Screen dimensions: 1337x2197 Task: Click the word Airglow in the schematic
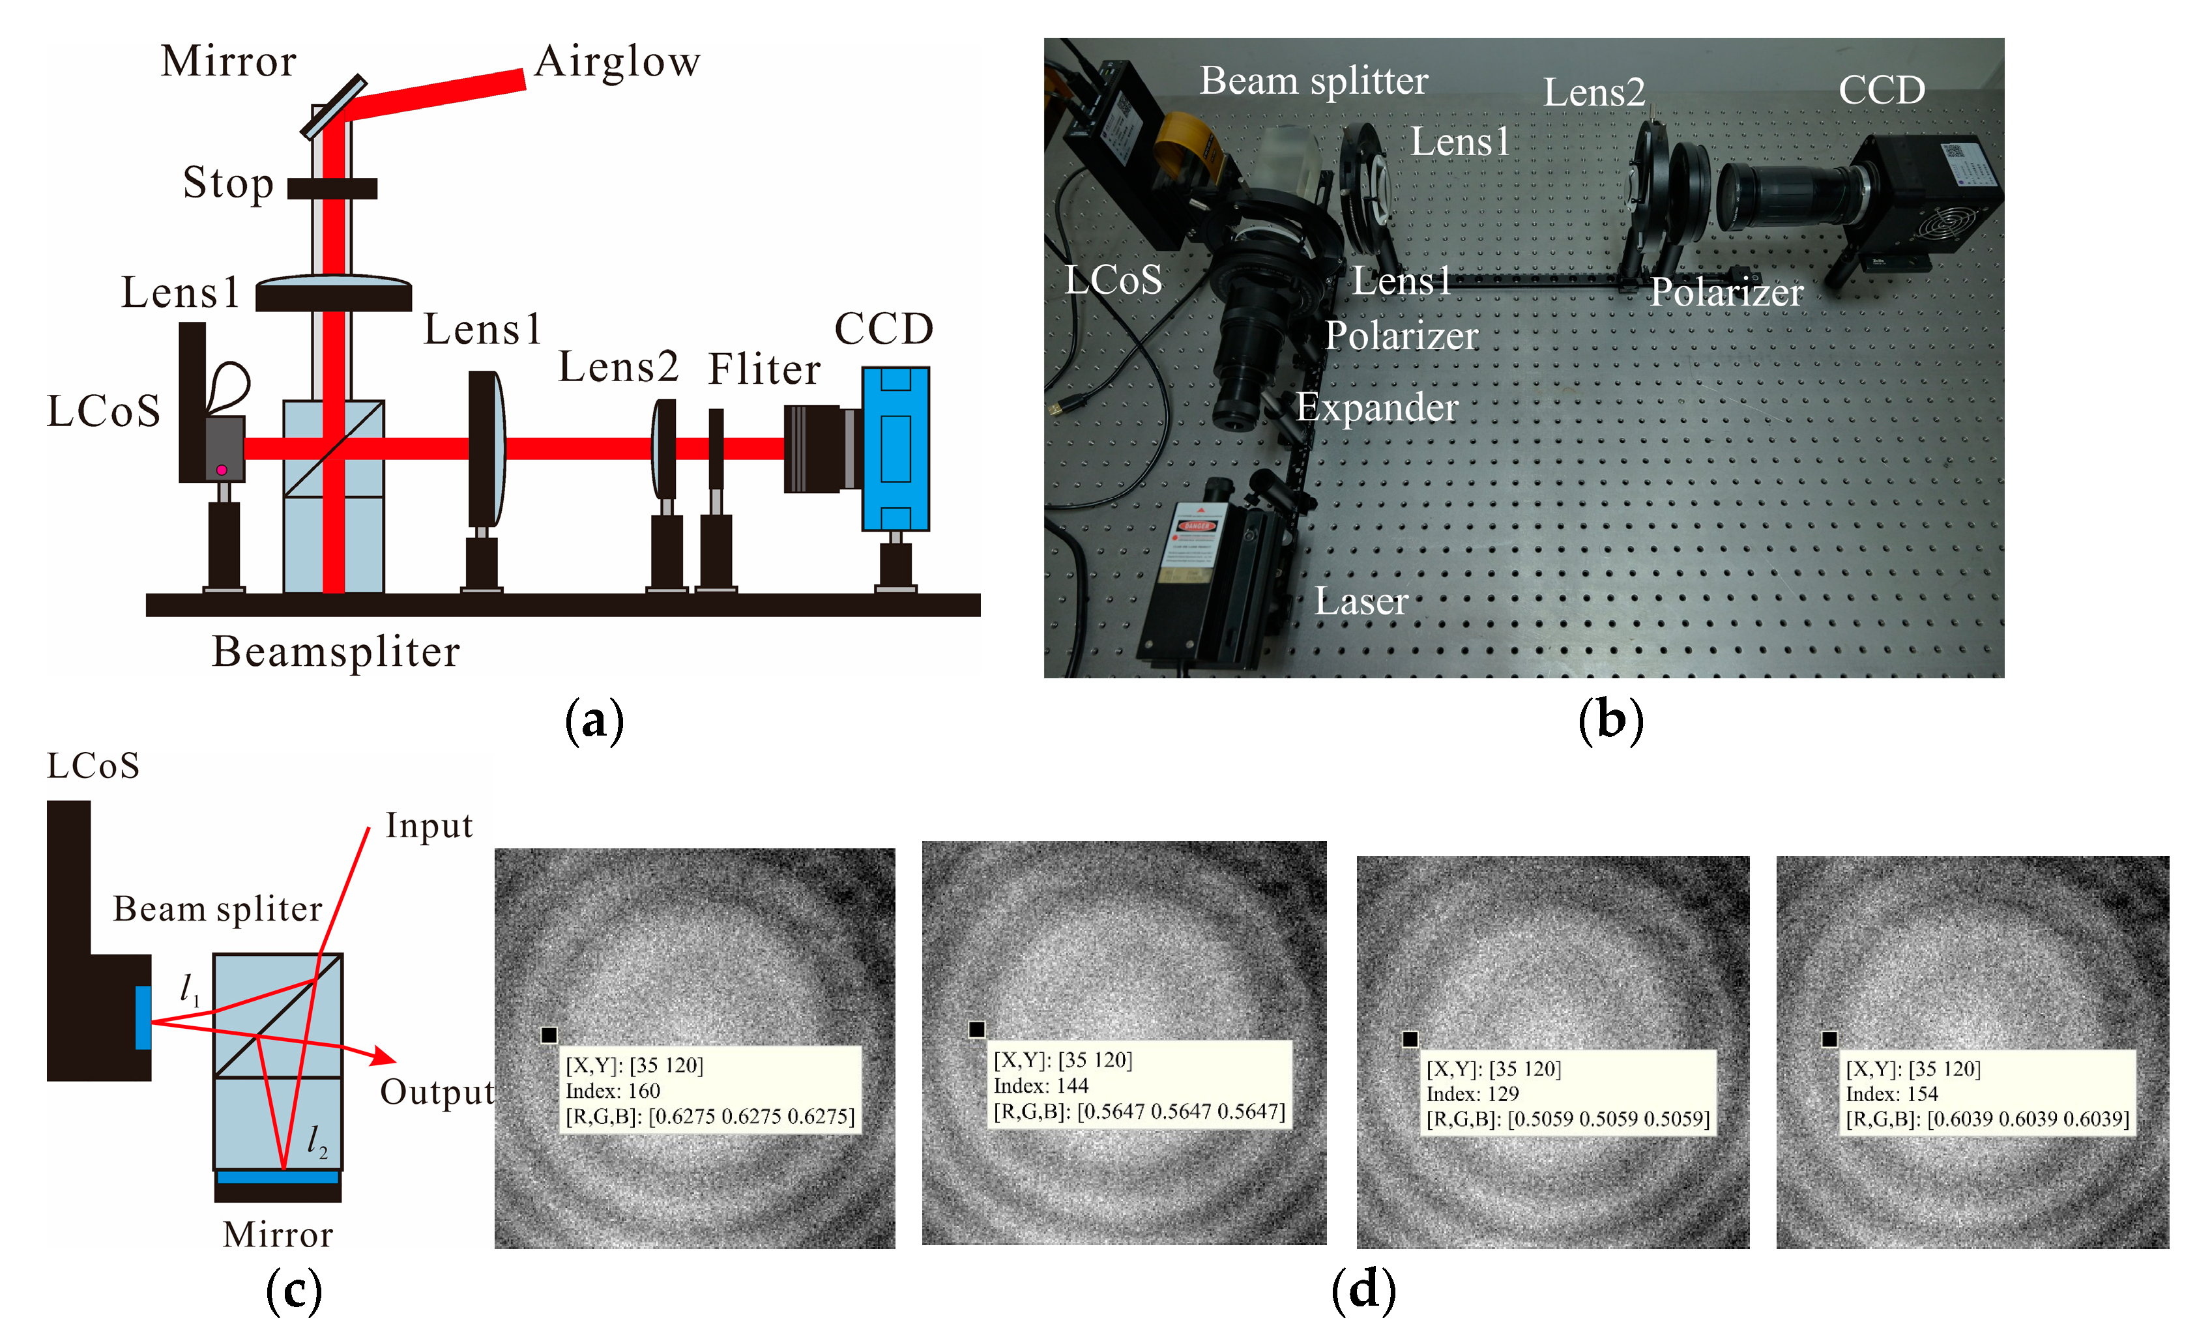[617, 63]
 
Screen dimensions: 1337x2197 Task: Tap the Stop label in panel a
[227, 184]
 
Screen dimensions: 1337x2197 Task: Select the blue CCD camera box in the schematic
[895, 448]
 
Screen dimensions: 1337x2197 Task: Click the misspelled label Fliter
[763, 369]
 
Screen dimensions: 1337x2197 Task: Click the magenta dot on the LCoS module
[221, 470]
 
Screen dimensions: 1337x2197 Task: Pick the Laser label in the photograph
[1361, 601]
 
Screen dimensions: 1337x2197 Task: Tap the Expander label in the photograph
[1376, 407]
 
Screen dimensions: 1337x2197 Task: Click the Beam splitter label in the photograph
[1313, 81]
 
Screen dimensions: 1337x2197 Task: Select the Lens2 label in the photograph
[1593, 93]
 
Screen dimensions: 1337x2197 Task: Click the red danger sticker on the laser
[1196, 526]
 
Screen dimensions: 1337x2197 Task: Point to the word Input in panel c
[428, 826]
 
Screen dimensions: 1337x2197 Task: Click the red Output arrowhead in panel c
[385, 1056]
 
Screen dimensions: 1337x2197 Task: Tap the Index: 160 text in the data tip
[613, 1090]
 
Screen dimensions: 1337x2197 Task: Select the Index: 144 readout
[1041, 1085]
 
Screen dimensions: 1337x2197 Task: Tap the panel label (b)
[1610, 719]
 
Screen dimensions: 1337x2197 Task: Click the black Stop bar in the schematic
[332, 188]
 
